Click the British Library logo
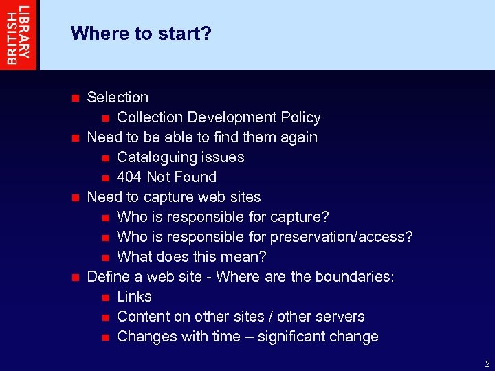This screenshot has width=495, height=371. (x=19, y=34)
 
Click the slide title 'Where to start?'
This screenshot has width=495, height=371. (x=141, y=33)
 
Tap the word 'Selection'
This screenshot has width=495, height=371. (x=118, y=98)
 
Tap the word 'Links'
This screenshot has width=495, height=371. (x=134, y=297)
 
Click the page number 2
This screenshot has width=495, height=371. (x=487, y=364)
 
